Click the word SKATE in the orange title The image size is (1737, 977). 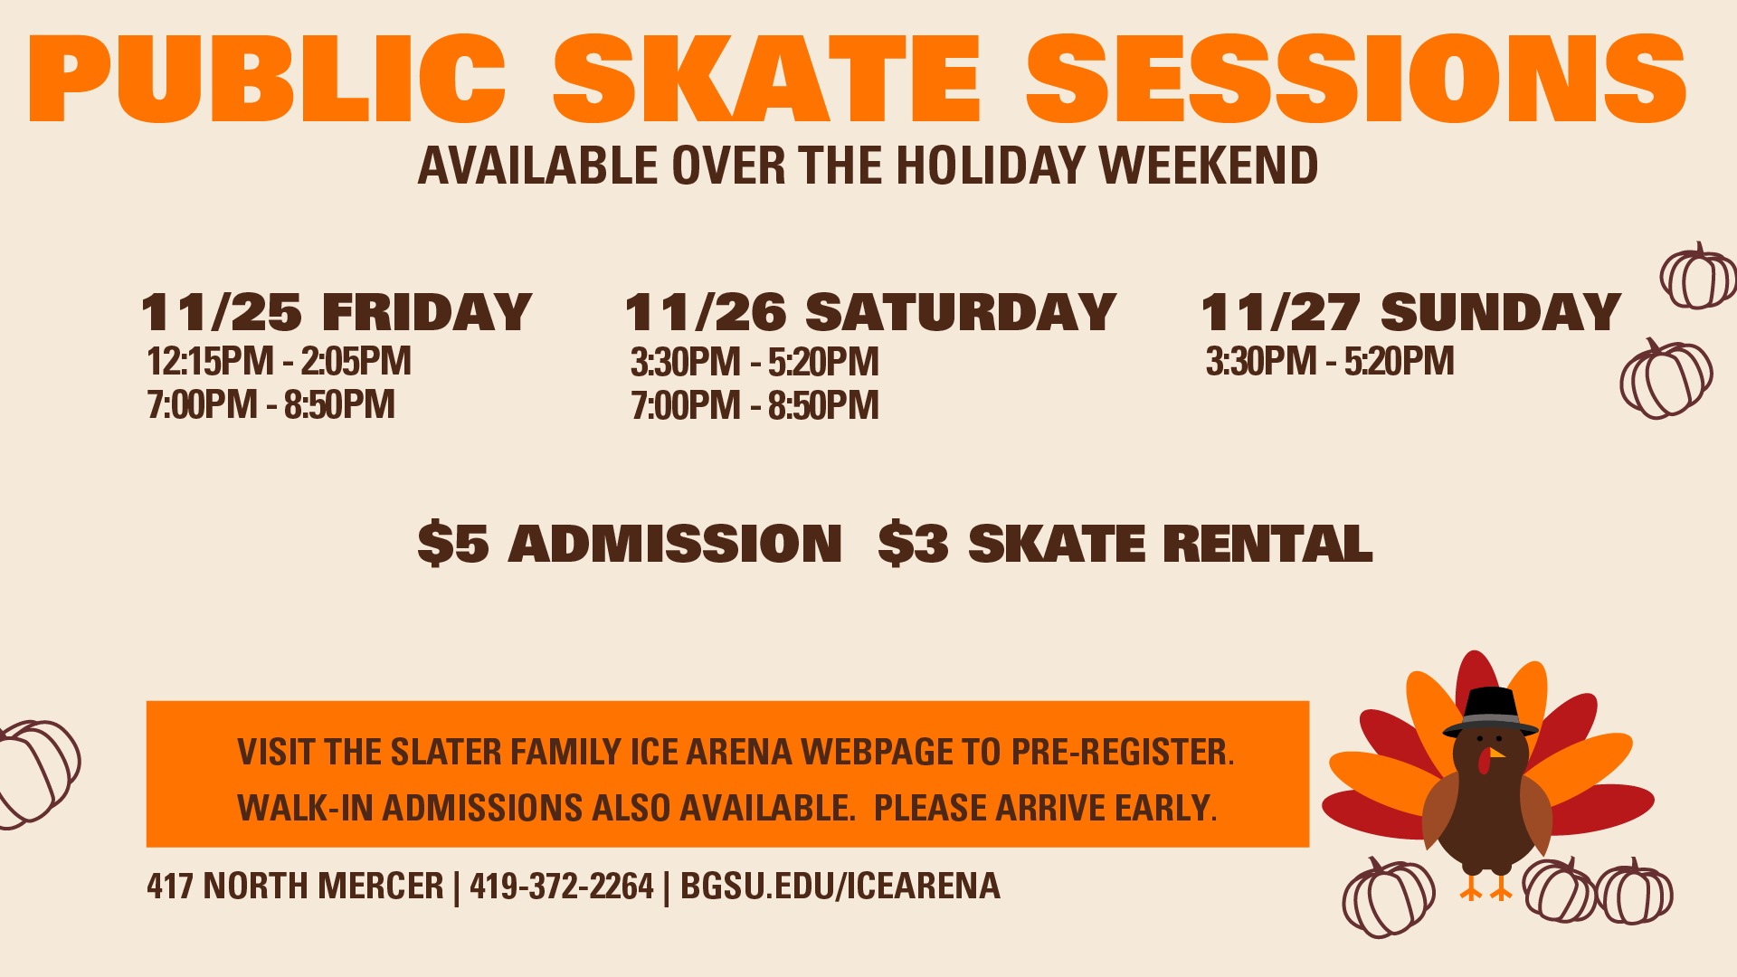pyautogui.click(x=766, y=79)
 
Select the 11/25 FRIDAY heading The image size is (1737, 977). pyautogui.click(x=337, y=313)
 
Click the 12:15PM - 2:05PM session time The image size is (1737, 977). pyautogui.click(x=279, y=362)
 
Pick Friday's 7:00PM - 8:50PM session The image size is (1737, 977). pyautogui.click(x=271, y=405)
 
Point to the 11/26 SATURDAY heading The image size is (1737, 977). pyautogui.click(x=870, y=313)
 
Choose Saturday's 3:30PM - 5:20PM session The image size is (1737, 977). pyautogui.click(x=755, y=363)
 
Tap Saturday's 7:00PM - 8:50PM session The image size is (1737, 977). pyautogui.click(x=755, y=406)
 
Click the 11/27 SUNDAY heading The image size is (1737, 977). pyautogui.click(x=1410, y=313)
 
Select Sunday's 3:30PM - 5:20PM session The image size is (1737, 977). pyautogui.click(x=1330, y=362)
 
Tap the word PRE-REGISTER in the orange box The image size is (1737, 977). pyautogui.click(x=1123, y=752)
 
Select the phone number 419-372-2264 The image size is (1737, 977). pyautogui.click(x=561, y=886)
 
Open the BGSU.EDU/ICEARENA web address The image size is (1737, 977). pyautogui.click(x=840, y=886)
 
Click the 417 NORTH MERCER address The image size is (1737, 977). pyautogui.click(x=295, y=886)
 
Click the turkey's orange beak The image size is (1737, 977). pyautogui.click(x=1497, y=753)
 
